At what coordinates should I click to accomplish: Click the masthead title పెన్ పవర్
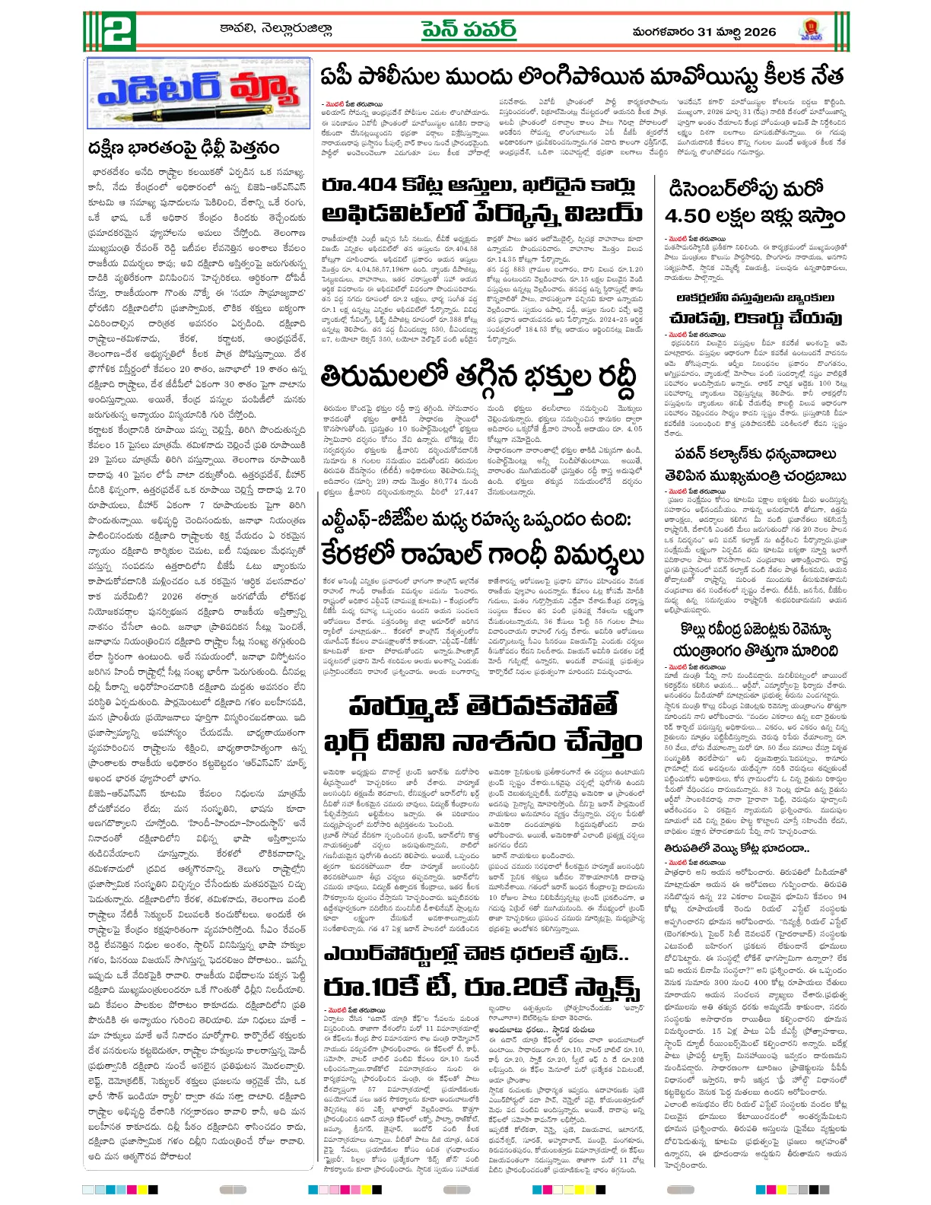469,30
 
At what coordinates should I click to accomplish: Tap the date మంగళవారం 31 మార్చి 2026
704,32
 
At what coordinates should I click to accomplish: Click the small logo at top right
812,31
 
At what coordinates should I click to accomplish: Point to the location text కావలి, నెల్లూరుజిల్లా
275,30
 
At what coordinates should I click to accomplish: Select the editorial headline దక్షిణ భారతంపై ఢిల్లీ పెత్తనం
183,148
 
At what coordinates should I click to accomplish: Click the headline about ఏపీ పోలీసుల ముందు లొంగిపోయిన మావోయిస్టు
582,77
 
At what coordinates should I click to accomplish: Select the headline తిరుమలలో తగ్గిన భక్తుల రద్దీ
477,377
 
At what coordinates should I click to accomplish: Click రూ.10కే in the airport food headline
367,987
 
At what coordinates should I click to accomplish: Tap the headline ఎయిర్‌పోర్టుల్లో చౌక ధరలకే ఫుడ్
476,954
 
